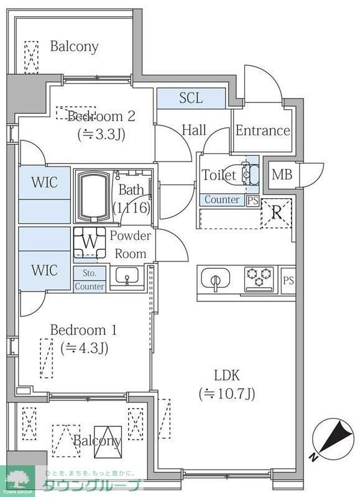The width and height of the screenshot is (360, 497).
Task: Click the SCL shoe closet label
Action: [x=190, y=98]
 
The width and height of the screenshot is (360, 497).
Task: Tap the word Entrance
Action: [x=262, y=130]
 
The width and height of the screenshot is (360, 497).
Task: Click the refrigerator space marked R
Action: [x=277, y=212]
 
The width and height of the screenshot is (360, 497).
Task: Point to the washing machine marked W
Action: [x=90, y=243]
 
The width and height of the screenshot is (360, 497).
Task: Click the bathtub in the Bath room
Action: [x=93, y=196]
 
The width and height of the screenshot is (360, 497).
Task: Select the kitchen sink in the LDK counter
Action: [x=217, y=280]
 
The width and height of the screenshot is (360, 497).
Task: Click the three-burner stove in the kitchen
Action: [x=259, y=278]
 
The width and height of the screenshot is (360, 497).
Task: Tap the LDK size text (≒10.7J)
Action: [x=227, y=393]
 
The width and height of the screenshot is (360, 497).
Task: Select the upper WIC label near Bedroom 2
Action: [x=44, y=183]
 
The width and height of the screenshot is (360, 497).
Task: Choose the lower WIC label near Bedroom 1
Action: [x=44, y=270]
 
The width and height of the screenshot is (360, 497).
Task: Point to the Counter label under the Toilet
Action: [x=222, y=200]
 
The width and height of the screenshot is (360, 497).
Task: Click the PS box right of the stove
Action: [x=288, y=280]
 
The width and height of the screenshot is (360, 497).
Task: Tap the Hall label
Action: [x=194, y=130]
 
